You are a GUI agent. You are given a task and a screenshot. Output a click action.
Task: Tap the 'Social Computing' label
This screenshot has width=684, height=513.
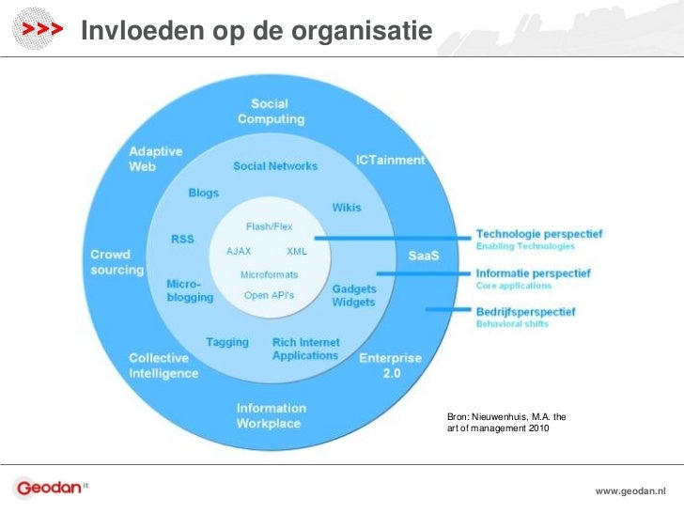pos(271,111)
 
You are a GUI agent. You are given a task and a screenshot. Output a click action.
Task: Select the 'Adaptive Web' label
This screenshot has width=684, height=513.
pos(156,158)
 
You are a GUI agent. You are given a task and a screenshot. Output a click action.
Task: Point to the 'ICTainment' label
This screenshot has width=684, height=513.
pos(390,160)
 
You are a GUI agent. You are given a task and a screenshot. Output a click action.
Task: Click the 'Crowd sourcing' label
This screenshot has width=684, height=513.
pos(117,262)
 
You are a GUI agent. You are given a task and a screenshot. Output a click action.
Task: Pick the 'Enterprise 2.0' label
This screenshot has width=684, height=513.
pos(390,365)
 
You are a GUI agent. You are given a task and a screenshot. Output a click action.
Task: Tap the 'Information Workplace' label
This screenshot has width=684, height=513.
pos(271,415)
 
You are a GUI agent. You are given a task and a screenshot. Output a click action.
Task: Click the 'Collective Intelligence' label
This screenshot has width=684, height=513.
pos(163,365)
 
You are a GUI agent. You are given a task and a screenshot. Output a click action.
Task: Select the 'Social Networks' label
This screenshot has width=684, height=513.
pos(275,166)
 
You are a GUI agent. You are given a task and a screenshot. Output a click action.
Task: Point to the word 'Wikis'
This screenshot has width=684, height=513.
pos(346,208)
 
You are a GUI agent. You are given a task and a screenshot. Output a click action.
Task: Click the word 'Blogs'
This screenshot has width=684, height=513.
pos(203,193)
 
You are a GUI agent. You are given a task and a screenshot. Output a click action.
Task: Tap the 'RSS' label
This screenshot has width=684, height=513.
pos(182,239)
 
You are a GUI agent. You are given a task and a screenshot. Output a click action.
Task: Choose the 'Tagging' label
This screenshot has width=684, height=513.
pos(227,342)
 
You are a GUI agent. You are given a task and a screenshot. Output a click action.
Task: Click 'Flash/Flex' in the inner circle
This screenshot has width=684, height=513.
pos(269,226)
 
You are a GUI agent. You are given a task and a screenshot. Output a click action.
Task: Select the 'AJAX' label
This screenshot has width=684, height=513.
pos(239,252)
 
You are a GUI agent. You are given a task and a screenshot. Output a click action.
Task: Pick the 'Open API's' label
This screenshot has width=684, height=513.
pos(269,295)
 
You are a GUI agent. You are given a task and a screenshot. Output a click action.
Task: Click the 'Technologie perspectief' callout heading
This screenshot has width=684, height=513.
pos(539,234)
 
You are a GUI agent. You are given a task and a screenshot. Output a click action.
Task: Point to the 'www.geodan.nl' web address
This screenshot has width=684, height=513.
pos(630,491)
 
